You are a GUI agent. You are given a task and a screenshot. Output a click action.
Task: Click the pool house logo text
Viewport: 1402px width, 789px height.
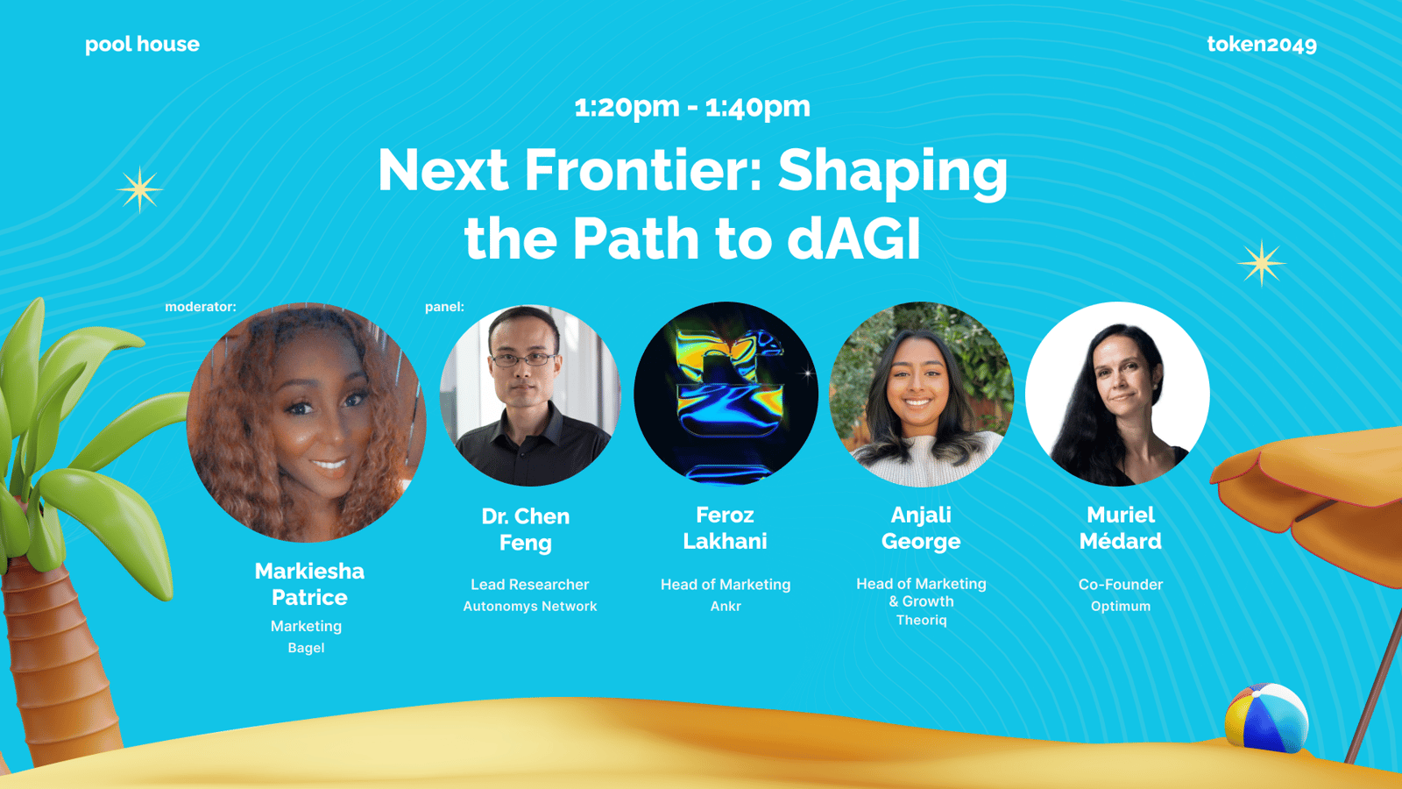[x=142, y=45]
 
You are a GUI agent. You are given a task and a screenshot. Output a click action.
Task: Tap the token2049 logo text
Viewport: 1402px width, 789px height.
[x=1261, y=45]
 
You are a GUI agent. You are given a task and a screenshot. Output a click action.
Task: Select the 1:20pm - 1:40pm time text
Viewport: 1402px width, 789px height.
[x=692, y=107]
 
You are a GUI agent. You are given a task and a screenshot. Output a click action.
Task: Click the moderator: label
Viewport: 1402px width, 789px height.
[x=201, y=307]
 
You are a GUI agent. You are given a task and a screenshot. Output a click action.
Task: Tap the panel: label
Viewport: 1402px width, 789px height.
[x=444, y=307]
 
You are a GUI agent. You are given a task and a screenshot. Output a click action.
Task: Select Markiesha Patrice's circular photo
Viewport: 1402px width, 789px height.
[x=306, y=423]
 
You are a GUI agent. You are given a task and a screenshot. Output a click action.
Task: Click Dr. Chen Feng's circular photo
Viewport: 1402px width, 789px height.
[x=531, y=395]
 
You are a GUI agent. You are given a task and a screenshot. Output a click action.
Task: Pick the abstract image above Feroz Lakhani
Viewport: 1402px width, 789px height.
[x=726, y=394]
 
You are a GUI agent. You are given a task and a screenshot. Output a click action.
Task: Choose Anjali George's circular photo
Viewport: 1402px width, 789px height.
[x=921, y=394]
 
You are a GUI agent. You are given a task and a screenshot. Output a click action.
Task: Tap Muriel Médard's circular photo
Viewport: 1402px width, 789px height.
[x=1118, y=394]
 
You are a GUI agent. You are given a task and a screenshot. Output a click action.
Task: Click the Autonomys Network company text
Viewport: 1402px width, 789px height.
[x=530, y=606]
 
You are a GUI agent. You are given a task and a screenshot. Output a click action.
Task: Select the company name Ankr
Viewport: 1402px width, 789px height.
[x=726, y=606]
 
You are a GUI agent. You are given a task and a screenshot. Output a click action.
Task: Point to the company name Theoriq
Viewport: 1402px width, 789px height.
[x=921, y=620]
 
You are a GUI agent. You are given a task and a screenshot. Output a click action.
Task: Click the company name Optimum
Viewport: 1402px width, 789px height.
[x=1121, y=606]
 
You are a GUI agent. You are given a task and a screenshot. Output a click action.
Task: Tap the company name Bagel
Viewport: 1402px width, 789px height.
[x=306, y=648]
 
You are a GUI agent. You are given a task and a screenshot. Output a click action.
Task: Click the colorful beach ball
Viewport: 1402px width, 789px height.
[x=1266, y=718]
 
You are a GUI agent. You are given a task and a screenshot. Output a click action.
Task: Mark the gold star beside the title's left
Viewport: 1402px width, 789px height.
[x=139, y=189]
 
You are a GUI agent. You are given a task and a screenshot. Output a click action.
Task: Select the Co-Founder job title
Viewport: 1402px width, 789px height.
[x=1121, y=584]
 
